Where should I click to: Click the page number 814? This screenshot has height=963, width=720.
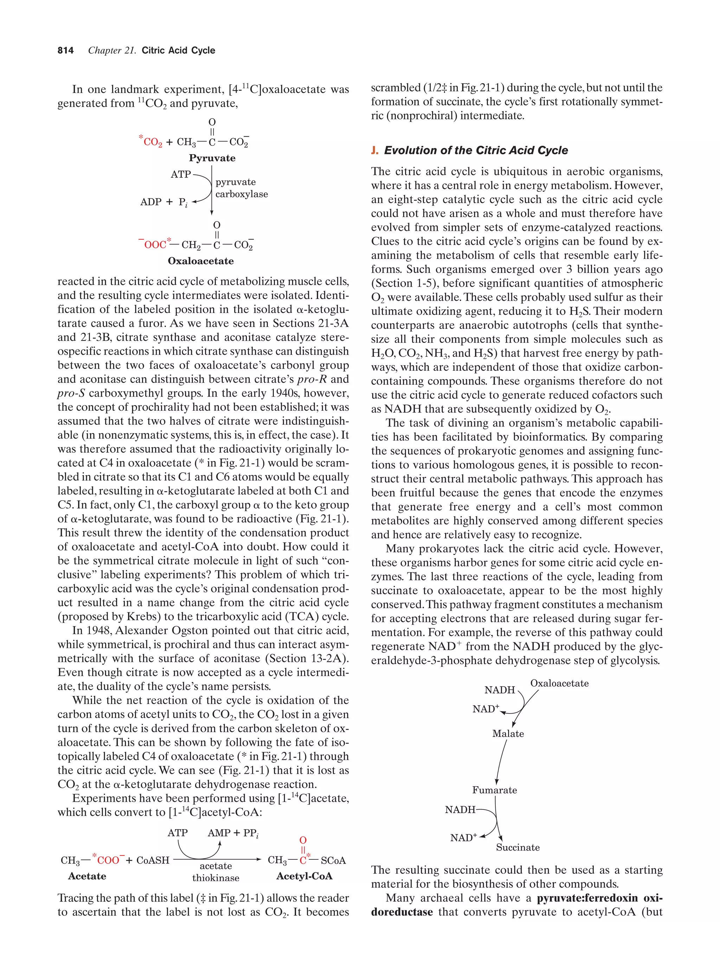65,51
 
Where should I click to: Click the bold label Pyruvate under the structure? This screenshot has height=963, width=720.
212,158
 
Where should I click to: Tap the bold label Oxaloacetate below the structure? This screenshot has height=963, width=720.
200,261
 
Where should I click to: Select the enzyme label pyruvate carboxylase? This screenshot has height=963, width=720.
241,188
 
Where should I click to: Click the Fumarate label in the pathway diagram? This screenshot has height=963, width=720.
494,790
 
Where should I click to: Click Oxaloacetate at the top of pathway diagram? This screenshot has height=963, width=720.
559,683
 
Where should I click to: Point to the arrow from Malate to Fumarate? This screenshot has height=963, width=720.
501,762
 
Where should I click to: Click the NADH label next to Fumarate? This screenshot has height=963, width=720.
459,809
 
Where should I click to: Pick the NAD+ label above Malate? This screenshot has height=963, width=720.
485,709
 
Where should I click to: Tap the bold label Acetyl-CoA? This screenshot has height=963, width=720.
304,876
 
